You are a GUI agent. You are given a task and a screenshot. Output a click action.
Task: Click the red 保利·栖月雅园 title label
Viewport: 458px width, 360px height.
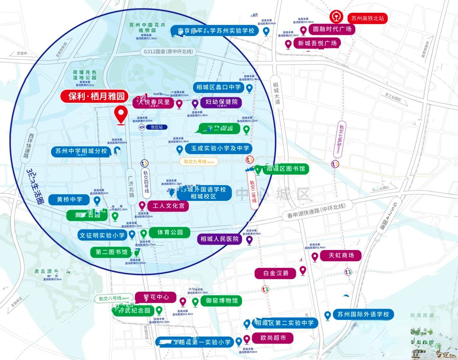[97, 96]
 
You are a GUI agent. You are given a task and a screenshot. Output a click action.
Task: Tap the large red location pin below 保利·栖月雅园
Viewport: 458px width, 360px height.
[121, 115]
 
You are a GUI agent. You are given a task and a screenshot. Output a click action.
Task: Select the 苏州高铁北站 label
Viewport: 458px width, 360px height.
[367, 18]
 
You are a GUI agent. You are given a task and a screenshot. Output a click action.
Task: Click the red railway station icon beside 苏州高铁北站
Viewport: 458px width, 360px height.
[336, 17]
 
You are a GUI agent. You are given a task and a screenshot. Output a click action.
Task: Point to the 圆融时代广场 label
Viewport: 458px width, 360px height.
[332, 29]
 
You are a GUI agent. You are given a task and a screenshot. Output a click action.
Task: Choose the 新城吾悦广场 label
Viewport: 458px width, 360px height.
[317, 43]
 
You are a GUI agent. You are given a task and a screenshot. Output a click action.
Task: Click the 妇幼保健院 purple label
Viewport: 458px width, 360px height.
[221, 102]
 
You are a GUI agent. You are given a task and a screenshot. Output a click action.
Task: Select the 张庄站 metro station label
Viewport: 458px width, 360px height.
[156, 127]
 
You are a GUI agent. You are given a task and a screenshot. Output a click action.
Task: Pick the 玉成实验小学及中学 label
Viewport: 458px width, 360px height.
[220, 148]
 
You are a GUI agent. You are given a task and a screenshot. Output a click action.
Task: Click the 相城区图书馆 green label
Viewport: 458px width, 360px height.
[286, 169]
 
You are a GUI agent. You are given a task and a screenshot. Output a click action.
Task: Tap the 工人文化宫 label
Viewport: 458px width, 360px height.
[168, 206]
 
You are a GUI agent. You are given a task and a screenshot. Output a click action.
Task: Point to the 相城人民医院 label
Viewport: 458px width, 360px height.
[220, 239]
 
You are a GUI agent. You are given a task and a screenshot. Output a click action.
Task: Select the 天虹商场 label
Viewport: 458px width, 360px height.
[341, 255]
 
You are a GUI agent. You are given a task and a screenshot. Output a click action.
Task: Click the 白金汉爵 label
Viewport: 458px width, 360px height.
[276, 273]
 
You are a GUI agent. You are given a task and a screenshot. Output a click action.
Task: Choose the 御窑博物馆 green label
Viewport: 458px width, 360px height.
[221, 300]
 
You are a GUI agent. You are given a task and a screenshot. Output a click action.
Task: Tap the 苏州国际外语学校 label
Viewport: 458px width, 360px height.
[363, 315]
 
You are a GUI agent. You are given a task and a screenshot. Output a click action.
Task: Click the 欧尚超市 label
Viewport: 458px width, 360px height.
[273, 338]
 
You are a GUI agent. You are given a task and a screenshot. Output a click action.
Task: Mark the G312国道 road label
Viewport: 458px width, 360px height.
[168, 51]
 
